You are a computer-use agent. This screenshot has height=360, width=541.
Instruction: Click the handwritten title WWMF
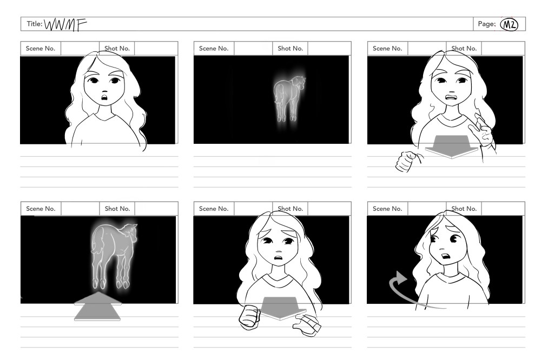point(65,24)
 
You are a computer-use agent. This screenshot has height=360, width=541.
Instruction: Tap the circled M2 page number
point(509,24)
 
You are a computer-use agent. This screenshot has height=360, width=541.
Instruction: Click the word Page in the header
point(486,24)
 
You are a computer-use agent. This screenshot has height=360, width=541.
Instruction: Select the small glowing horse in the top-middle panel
point(289,99)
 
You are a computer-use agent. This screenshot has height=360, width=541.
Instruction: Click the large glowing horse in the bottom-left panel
point(114,255)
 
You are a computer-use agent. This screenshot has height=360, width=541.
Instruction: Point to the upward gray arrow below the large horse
point(97,306)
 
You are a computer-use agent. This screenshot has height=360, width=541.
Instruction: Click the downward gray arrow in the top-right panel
point(452,146)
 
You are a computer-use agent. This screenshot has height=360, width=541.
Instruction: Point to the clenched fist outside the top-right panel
point(408,161)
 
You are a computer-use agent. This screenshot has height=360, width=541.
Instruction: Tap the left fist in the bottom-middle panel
point(250,316)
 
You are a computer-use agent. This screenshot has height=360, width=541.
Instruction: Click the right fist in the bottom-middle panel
point(306,325)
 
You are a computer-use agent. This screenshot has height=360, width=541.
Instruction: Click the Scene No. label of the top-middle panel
point(214,49)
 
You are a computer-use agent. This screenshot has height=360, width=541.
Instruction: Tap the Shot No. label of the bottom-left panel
point(117,209)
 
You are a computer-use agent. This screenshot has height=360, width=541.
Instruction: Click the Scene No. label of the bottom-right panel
point(387,209)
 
